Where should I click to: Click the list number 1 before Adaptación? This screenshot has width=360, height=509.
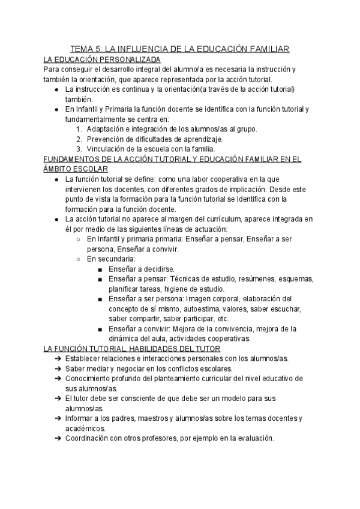[79, 129]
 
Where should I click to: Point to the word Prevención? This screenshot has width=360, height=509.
[108, 139]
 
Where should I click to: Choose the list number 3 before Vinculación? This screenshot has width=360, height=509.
[79, 149]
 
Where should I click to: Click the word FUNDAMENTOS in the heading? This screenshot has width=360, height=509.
[73, 159]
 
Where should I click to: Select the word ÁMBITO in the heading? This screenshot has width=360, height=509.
[59, 169]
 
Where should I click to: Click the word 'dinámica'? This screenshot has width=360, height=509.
[125, 339]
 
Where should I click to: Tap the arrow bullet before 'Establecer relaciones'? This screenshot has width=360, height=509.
[57, 359]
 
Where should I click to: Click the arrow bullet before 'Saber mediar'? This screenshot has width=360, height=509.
[57, 369]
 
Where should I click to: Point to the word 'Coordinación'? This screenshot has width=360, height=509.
[90, 438]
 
